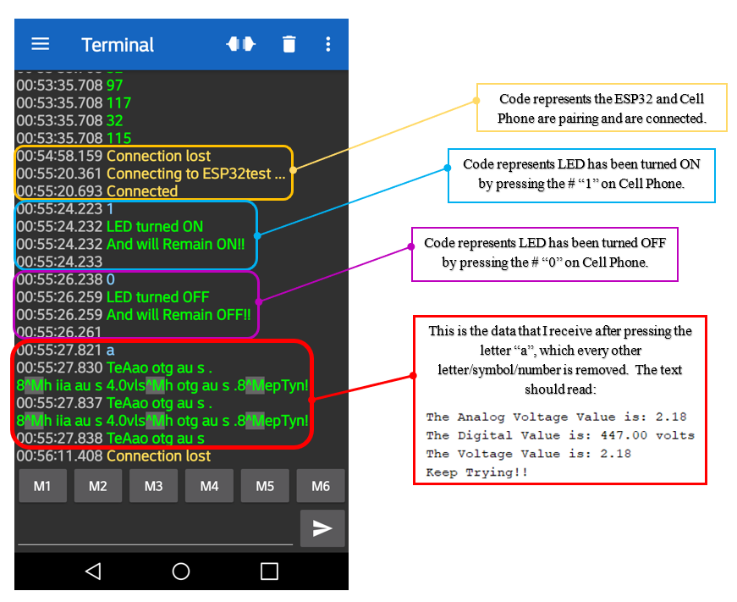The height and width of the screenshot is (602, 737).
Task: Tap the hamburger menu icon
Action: pos(41,44)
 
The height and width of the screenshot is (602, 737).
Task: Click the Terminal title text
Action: pos(118,45)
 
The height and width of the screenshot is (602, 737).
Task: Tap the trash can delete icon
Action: pos(289,44)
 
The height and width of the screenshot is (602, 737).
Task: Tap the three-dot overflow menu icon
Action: pos(328,44)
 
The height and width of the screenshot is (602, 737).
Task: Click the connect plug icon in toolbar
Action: pos(240,44)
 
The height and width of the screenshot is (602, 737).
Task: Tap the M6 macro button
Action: pos(321,486)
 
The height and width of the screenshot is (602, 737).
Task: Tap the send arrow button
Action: pos(322,528)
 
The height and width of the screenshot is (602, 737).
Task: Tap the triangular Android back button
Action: pos(93,572)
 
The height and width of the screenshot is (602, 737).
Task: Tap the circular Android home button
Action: pos(181,572)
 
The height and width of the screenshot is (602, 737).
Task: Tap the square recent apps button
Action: pos(269,572)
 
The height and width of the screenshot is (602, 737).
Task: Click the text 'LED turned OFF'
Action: pos(157,297)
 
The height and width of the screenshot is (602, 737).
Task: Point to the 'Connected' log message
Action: pos(142,191)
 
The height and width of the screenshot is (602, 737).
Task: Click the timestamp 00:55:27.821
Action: pos(59,350)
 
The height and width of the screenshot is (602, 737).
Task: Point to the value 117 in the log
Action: pos(118,102)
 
